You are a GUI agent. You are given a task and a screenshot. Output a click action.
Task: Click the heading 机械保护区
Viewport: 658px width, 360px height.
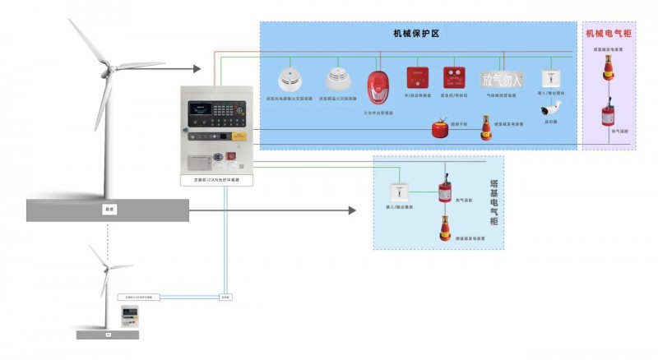[417, 34]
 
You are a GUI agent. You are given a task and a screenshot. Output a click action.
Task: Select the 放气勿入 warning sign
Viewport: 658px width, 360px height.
[502, 80]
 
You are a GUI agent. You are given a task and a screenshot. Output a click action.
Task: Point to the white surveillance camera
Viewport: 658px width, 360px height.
[549, 108]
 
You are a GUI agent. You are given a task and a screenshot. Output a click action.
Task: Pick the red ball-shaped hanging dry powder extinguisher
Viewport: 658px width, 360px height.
[439, 128]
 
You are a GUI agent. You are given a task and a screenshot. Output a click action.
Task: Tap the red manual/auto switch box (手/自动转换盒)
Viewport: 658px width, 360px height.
[417, 78]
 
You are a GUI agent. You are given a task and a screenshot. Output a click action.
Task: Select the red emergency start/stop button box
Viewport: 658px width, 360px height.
[452, 78]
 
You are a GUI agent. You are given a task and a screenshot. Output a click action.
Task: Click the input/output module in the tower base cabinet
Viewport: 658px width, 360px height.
[400, 192]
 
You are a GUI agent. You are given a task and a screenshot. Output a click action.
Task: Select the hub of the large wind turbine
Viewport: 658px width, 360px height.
[109, 67]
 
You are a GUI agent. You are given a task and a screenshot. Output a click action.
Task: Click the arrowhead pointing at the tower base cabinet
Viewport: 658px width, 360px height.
[352, 210]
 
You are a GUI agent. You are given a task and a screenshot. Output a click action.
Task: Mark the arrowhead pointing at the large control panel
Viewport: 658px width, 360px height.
[197, 69]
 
